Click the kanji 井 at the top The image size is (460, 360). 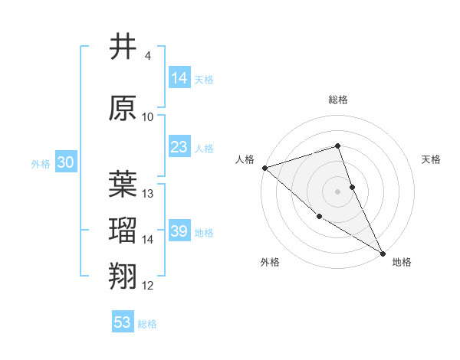tap(123, 47)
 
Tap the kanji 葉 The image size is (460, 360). tap(123, 185)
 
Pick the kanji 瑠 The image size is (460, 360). tap(123, 231)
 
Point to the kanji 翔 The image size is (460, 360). tap(123, 277)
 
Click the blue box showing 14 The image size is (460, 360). tap(179, 78)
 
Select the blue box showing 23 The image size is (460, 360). tap(179, 147)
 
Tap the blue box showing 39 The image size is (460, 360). tap(179, 231)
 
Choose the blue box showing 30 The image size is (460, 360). tap(65, 162)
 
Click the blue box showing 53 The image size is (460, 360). tap(123, 322)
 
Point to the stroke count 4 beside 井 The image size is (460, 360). tap(147, 56)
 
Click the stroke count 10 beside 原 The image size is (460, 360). tap(148, 116)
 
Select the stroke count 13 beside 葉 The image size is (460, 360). tap(148, 194)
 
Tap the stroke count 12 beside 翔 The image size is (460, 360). tap(148, 286)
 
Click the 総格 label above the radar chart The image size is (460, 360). tap(338, 100)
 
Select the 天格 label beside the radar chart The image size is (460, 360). tap(432, 159)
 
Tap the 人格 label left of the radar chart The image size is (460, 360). tap(245, 159)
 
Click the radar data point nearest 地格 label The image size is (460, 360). tap(383, 253)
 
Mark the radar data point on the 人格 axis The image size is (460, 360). tap(264, 167)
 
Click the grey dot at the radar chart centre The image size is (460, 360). tap(338, 191)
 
